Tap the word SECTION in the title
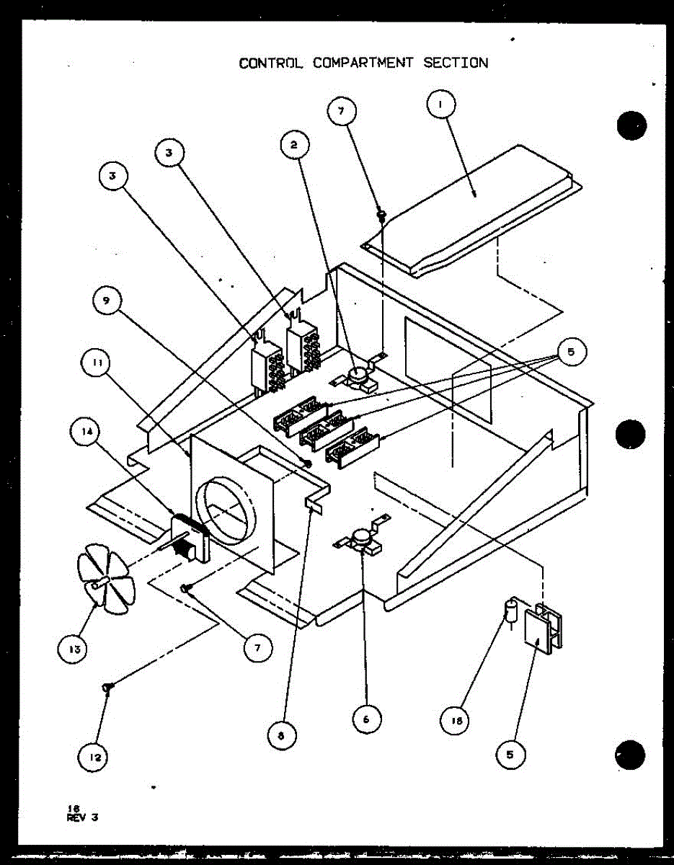pos(455,63)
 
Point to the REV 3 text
pos(81,817)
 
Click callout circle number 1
pos(442,105)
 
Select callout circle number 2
pos(294,145)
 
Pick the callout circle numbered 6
pos(367,719)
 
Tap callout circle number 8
pos(281,736)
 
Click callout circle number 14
pos(87,432)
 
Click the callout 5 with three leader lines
pos(570,352)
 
